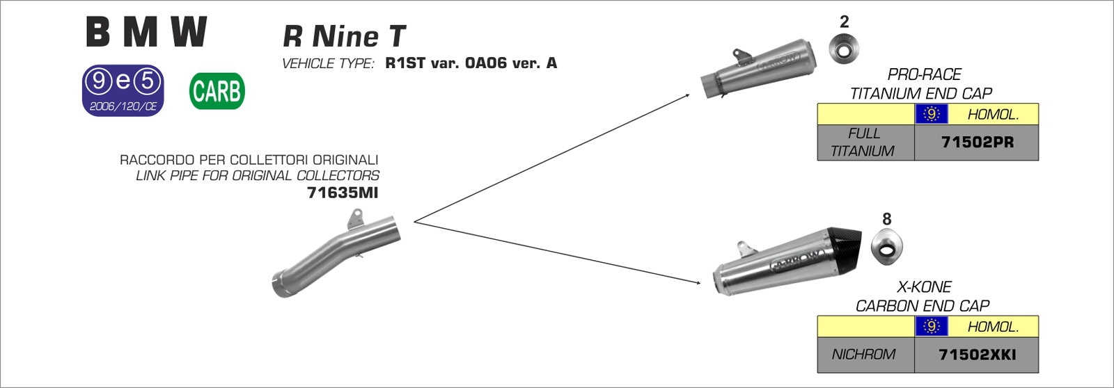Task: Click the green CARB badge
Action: (217, 91)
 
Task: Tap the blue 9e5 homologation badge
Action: (123, 90)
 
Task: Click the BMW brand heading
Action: (146, 32)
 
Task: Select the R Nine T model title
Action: (344, 36)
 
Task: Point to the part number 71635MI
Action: (343, 193)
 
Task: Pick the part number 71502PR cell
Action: (977, 142)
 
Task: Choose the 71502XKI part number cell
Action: (977, 355)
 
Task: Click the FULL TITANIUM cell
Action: (864, 142)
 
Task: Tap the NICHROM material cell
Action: (864, 355)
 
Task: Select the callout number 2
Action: (844, 22)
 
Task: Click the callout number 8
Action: (886, 219)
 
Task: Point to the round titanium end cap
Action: (844, 49)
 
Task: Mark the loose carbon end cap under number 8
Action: (886, 248)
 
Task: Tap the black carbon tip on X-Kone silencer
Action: (843, 248)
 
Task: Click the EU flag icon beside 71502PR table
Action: (931, 114)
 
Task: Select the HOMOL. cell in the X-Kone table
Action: (993, 326)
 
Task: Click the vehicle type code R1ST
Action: (405, 63)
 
